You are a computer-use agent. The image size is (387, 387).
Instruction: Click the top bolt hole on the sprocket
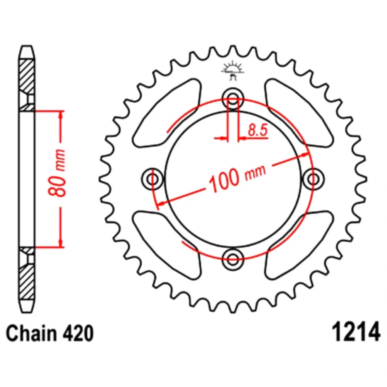coord(233,99)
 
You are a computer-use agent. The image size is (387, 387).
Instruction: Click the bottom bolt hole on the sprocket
coord(233,259)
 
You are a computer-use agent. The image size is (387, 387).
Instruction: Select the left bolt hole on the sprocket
coord(152,179)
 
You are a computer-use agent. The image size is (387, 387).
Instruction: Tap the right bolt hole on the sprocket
coord(313,179)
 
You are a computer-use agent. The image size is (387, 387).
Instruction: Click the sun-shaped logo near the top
coord(233,71)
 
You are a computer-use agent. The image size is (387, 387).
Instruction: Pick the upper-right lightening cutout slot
coord(299,113)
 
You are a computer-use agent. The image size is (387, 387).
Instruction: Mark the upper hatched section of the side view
coord(27,85)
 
